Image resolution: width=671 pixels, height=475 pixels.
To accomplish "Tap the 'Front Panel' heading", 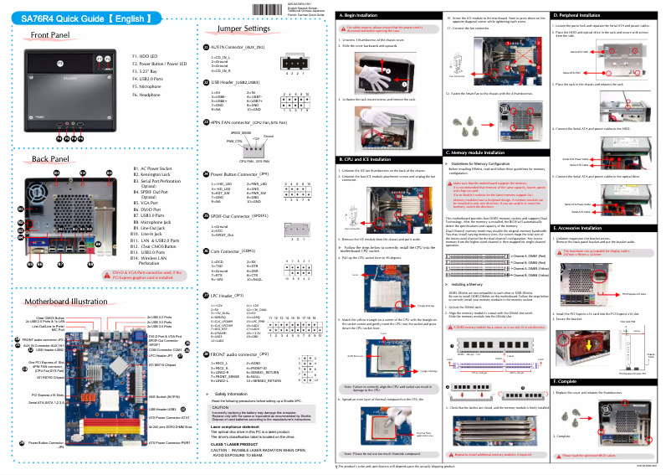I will pyautogui.click(x=49, y=35).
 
